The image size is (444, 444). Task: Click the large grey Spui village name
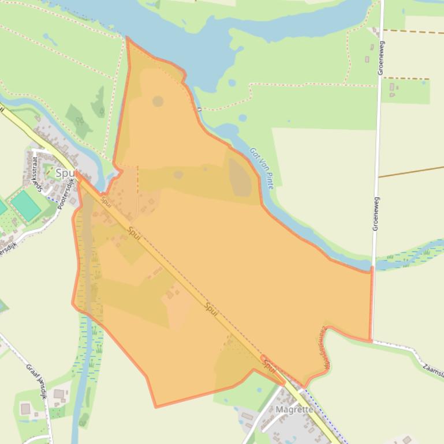[65, 173]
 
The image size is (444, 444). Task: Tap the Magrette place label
[294, 409]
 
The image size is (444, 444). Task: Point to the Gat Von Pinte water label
[261, 168]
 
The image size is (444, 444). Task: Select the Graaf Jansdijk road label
[36, 381]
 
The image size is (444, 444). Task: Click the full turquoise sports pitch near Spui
[25, 205]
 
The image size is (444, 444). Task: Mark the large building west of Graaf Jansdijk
[25, 408]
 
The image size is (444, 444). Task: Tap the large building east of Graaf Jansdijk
[59, 394]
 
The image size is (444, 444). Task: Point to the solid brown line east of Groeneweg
[410, 172]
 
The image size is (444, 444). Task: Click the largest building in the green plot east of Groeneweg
[393, 87]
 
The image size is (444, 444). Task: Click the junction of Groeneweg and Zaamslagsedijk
[372, 340]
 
